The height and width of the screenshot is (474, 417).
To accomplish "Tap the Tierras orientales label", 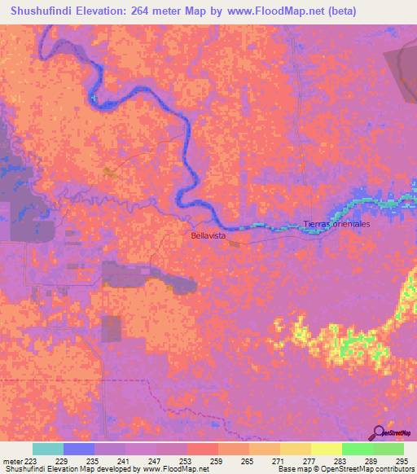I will coord(336,224).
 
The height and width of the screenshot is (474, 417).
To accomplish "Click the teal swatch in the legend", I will coord(48,449).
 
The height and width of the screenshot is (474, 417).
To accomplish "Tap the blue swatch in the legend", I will coord(79,449).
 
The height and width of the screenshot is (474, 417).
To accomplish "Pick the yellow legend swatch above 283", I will coord(327,449).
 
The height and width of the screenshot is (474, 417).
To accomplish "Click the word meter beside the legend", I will coord(11,459).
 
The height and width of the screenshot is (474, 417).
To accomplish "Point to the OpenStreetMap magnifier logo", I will coord(380,432).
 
